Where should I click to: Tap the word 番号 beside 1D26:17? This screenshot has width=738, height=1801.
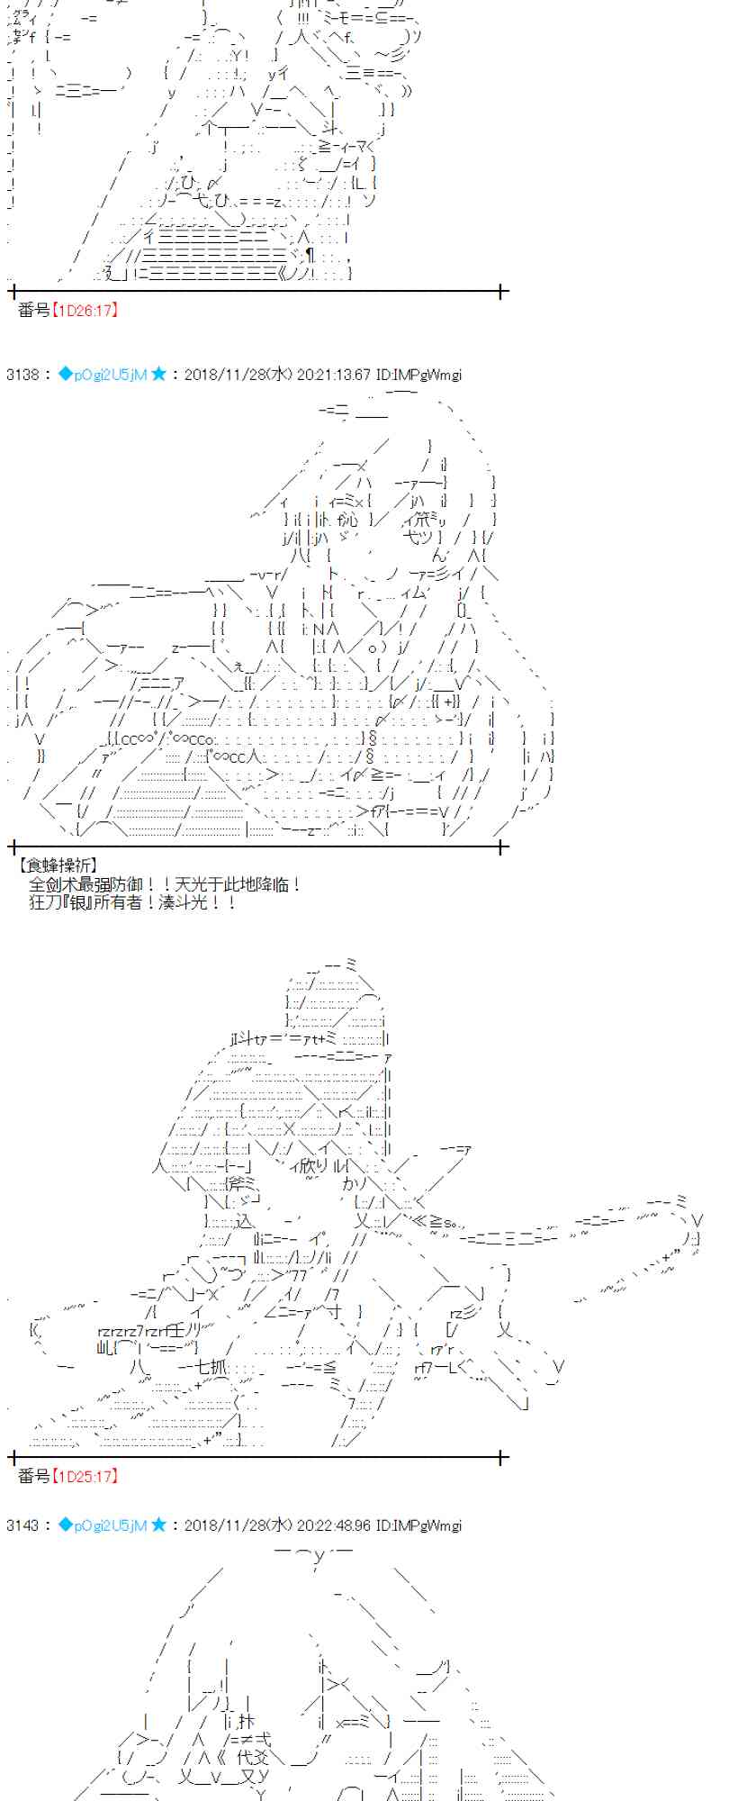34,311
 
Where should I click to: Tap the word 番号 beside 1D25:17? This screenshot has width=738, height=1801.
34,1476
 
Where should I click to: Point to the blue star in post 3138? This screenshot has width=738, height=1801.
158,374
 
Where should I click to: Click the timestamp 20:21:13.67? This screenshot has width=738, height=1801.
332,375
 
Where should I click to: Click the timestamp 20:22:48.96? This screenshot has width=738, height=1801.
332,1525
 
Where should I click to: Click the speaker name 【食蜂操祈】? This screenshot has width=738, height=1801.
58,865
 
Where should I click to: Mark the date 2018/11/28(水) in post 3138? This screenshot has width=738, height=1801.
238,375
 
